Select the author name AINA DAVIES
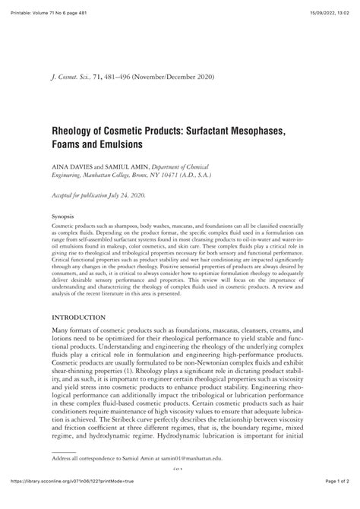[74, 166]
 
